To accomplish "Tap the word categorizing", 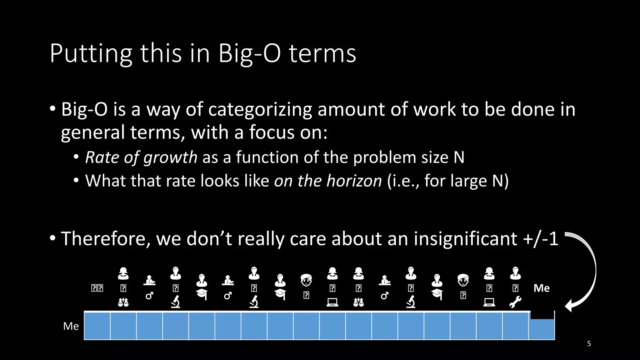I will pos(260,110).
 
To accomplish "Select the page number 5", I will pos(589,344).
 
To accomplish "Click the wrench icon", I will pos(515,302).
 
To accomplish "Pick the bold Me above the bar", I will pos(542,288).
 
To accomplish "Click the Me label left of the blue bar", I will pos(71,326).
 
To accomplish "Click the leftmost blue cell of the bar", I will pos(97,326).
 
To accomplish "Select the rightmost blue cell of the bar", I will pos(542,330).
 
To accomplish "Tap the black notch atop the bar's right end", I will pos(542,315).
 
